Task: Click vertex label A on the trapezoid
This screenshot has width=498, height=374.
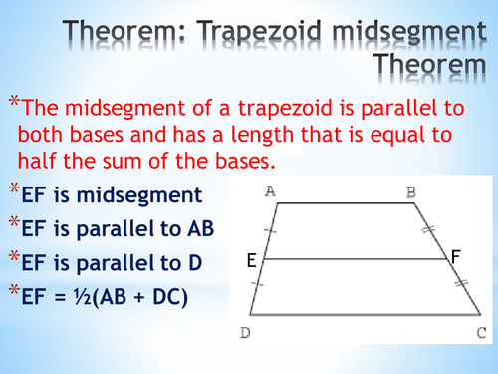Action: pyautogui.click(x=270, y=191)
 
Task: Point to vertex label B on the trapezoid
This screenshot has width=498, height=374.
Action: pyautogui.click(x=410, y=191)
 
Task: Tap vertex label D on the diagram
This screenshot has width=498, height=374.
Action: pyautogui.click(x=245, y=332)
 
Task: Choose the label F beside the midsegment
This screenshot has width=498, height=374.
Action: pyautogui.click(x=455, y=257)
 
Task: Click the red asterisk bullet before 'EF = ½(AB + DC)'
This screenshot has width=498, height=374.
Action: pyautogui.click(x=13, y=293)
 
